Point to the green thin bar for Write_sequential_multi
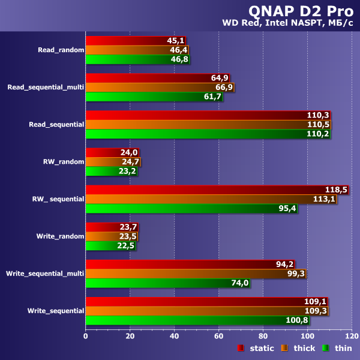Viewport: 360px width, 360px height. click(x=167, y=283)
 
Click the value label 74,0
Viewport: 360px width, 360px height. click(x=239, y=283)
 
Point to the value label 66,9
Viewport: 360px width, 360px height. click(x=224, y=88)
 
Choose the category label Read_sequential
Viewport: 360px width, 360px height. click(x=56, y=125)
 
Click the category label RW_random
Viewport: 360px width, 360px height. click(x=63, y=162)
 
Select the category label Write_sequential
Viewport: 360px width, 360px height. click(x=55, y=311)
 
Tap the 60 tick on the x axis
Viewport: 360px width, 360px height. click(x=218, y=335)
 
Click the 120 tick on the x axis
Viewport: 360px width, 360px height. click(x=351, y=335)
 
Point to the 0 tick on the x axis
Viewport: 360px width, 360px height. click(x=86, y=335)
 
